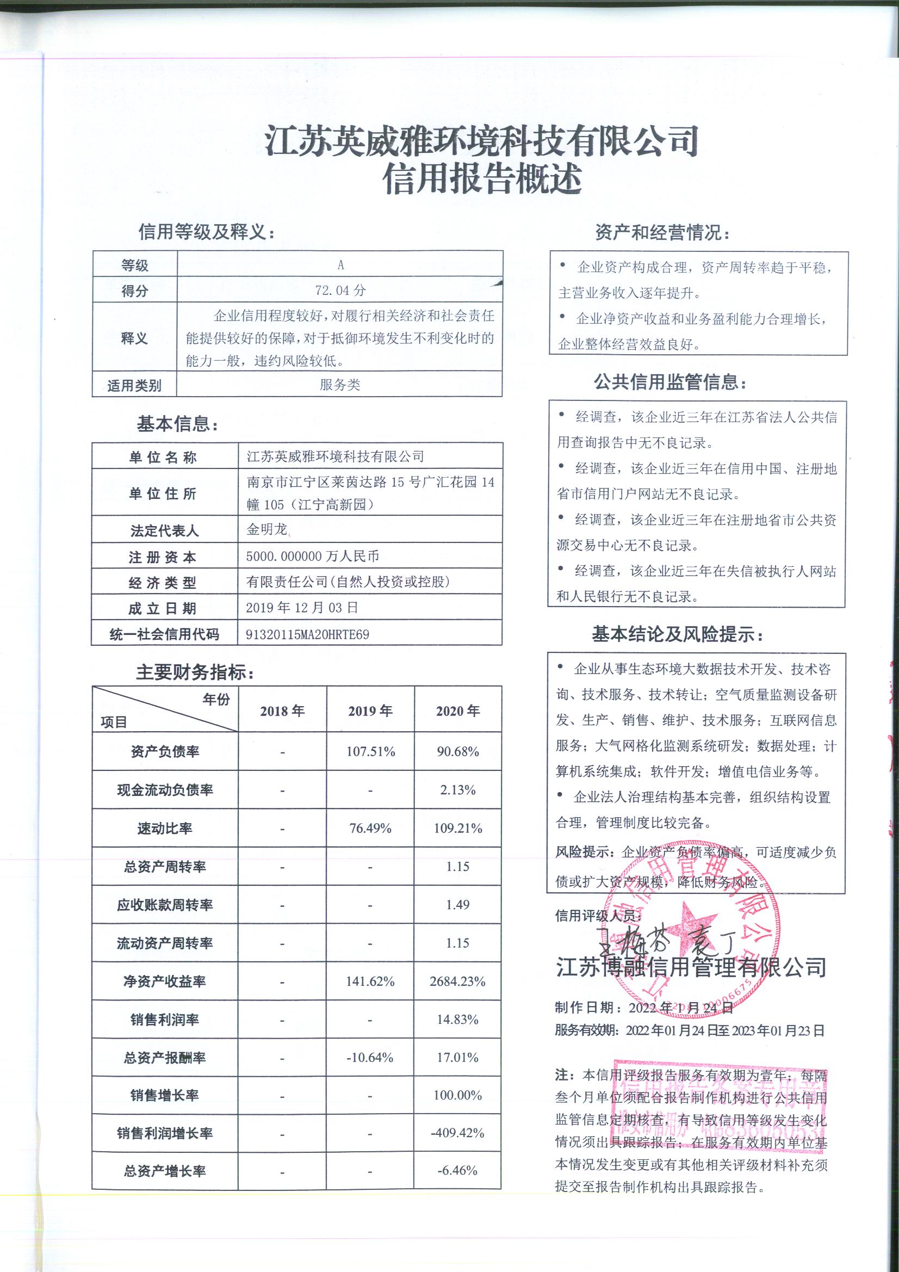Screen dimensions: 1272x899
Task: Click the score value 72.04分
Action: click(340, 290)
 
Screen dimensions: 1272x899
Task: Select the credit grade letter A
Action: click(340, 265)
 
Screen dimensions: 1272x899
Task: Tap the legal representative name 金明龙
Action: click(267, 529)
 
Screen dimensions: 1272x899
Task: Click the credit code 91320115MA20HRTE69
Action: click(307, 634)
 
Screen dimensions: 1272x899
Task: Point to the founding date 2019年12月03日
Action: click(302, 608)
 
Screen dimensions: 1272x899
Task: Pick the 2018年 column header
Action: click(282, 711)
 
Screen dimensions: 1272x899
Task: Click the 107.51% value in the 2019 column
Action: click(370, 752)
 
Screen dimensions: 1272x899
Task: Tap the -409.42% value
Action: click(457, 1133)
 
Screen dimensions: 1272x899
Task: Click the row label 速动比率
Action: click(164, 829)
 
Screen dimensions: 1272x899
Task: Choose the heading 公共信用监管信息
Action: click(670, 382)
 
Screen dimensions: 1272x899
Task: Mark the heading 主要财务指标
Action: click(196, 672)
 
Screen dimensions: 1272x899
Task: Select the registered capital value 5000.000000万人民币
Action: click(312, 556)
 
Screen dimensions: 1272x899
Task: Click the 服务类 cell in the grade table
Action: click(339, 385)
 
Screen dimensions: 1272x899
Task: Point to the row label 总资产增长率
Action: click(164, 1171)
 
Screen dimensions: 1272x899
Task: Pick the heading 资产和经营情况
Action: click(662, 233)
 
